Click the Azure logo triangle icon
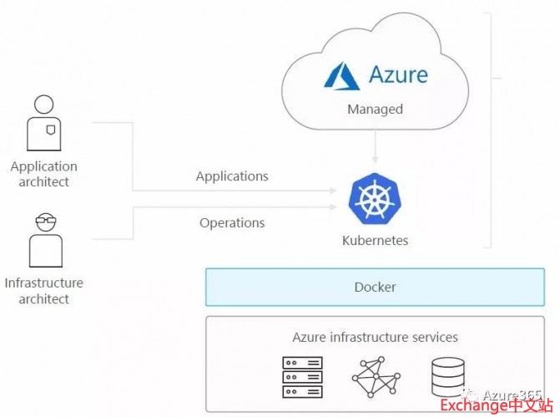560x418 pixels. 341,74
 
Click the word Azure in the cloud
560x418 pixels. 398,74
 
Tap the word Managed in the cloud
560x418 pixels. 375,109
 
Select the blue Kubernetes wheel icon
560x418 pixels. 375,199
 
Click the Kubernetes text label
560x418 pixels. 375,241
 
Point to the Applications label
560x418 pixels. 232,176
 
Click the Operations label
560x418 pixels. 232,222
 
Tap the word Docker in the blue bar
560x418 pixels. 375,287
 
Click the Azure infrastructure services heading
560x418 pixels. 375,337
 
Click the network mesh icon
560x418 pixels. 375,378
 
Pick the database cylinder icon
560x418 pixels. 448,377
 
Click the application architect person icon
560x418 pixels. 43,122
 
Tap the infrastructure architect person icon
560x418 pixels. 43,239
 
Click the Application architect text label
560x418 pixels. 43,174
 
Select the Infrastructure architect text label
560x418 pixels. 43,291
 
